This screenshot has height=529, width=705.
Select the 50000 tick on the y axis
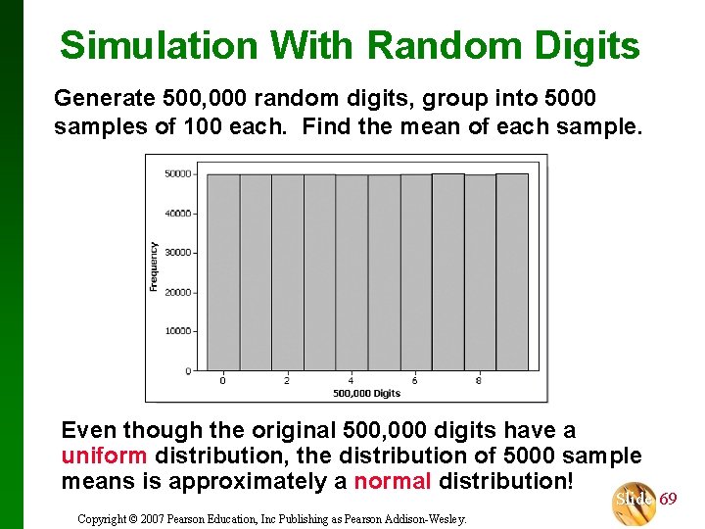click(177, 173)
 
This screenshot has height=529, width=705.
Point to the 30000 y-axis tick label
click(177, 253)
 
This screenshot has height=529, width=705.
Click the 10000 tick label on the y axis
click(177, 331)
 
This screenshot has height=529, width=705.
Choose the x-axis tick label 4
click(351, 380)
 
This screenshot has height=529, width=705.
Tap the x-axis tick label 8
click(479, 380)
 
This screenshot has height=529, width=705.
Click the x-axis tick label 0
click(222, 380)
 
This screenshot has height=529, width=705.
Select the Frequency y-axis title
click(154, 265)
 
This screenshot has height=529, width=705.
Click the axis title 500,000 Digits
click(366, 393)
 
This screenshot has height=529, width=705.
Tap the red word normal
click(392, 481)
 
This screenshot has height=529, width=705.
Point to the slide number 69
click(668, 500)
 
